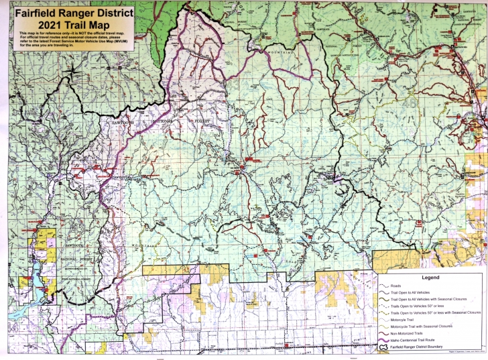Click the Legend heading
pyautogui.click(x=430, y=277)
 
